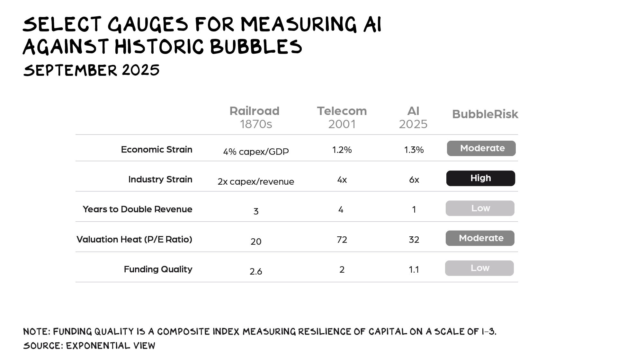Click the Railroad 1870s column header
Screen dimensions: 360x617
[x=255, y=117]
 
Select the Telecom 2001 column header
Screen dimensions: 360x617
[x=342, y=117]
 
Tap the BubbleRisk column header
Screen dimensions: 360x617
[x=485, y=114]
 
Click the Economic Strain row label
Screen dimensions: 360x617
[x=156, y=149]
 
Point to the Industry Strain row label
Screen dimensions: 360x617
[x=160, y=179]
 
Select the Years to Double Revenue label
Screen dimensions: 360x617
[x=138, y=209]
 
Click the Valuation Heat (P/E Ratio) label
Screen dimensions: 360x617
[x=134, y=239]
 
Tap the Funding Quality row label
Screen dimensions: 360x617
[x=158, y=269]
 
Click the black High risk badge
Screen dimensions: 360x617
[x=480, y=178]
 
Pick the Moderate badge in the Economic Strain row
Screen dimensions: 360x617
[x=481, y=148]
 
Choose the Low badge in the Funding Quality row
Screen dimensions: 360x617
[x=479, y=268]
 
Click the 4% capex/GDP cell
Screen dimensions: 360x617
[x=256, y=152]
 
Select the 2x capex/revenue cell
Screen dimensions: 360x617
[x=256, y=181]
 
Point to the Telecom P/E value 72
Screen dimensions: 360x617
[x=342, y=240]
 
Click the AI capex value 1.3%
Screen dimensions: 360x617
[x=414, y=150]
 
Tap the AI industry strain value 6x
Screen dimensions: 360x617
[x=414, y=180]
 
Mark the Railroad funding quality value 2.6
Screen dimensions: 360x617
[x=256, y=271]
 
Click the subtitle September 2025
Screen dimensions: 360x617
[x=91, y=70]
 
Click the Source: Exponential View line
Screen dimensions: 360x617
[x=89, y=346]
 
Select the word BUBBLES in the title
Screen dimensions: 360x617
[x=256, y=47]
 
